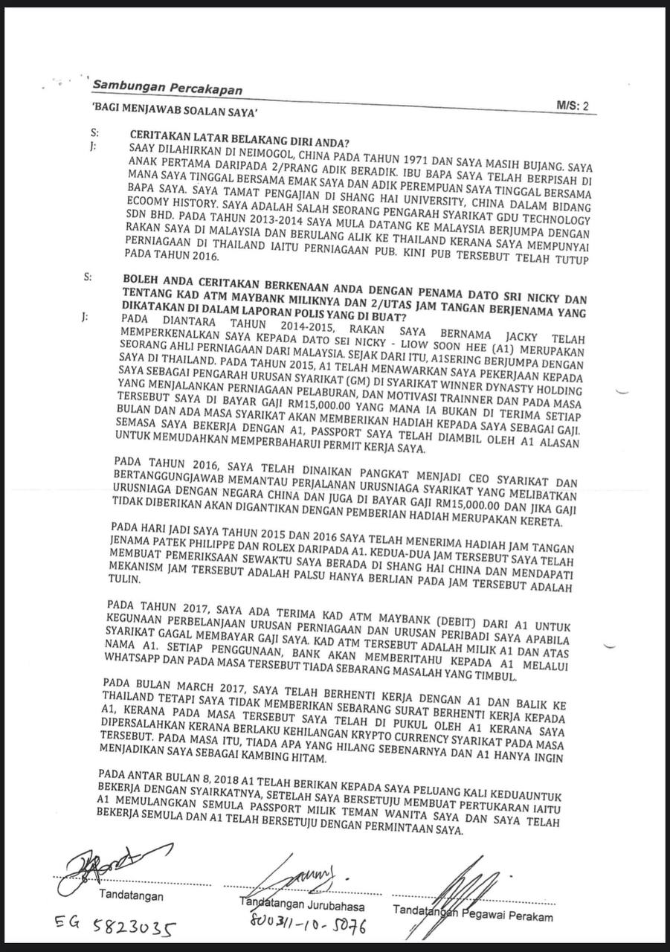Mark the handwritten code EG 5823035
(115, 927)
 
